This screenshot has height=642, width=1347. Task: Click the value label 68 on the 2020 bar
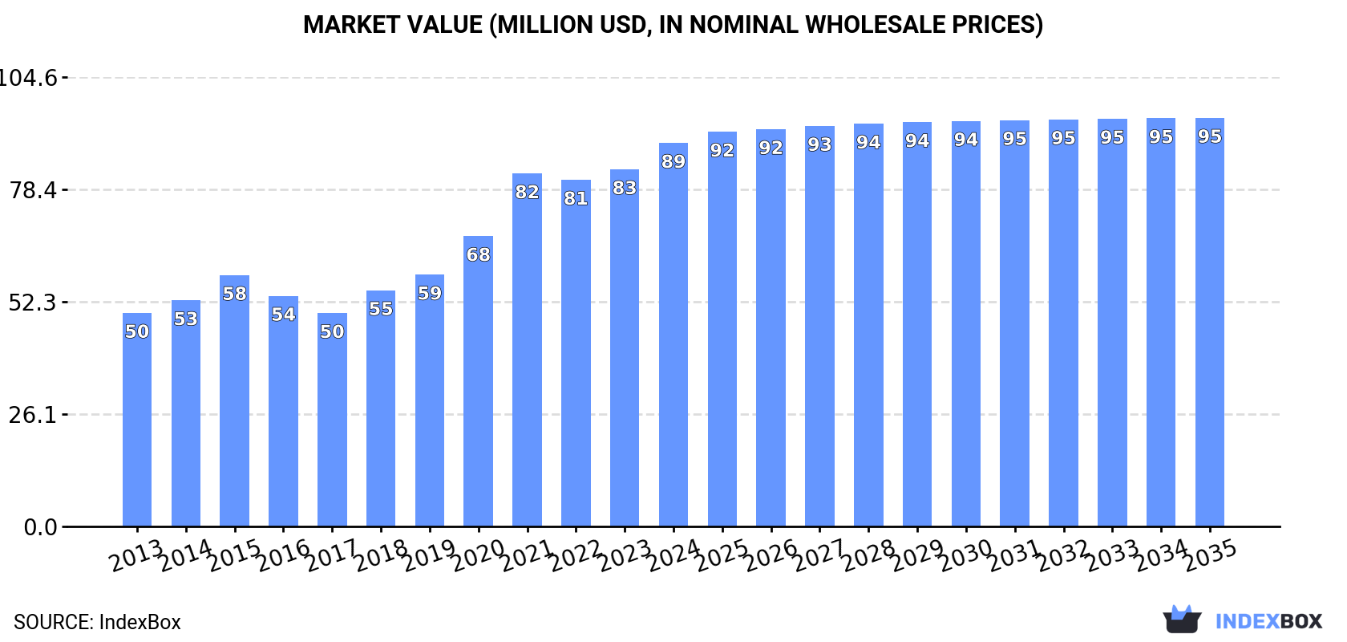point(478,254)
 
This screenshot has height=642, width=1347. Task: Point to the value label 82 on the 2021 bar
point(527,192)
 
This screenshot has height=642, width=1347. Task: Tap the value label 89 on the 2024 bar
point(673,161)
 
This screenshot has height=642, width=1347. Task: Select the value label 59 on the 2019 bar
point(430,293)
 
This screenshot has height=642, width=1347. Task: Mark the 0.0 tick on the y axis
point(40,527)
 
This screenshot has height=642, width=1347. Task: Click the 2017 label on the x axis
point(332,555)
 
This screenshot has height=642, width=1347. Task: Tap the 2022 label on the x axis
point(576,555)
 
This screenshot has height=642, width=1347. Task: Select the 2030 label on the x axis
point(965,555)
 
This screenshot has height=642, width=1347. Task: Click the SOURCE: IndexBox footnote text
point(97,622)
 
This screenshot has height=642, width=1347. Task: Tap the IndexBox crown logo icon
point(1182,620)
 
